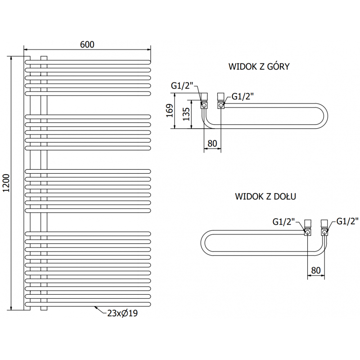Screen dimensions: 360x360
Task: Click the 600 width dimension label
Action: (87, 44)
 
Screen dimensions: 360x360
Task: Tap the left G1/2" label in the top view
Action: (182, 86)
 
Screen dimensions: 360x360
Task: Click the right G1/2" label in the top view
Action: (243, 96)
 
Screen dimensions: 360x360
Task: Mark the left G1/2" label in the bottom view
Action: (284, 221)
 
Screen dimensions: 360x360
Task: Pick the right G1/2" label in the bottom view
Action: (347, 221)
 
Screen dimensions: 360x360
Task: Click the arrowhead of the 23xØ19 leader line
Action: (95, 308)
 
